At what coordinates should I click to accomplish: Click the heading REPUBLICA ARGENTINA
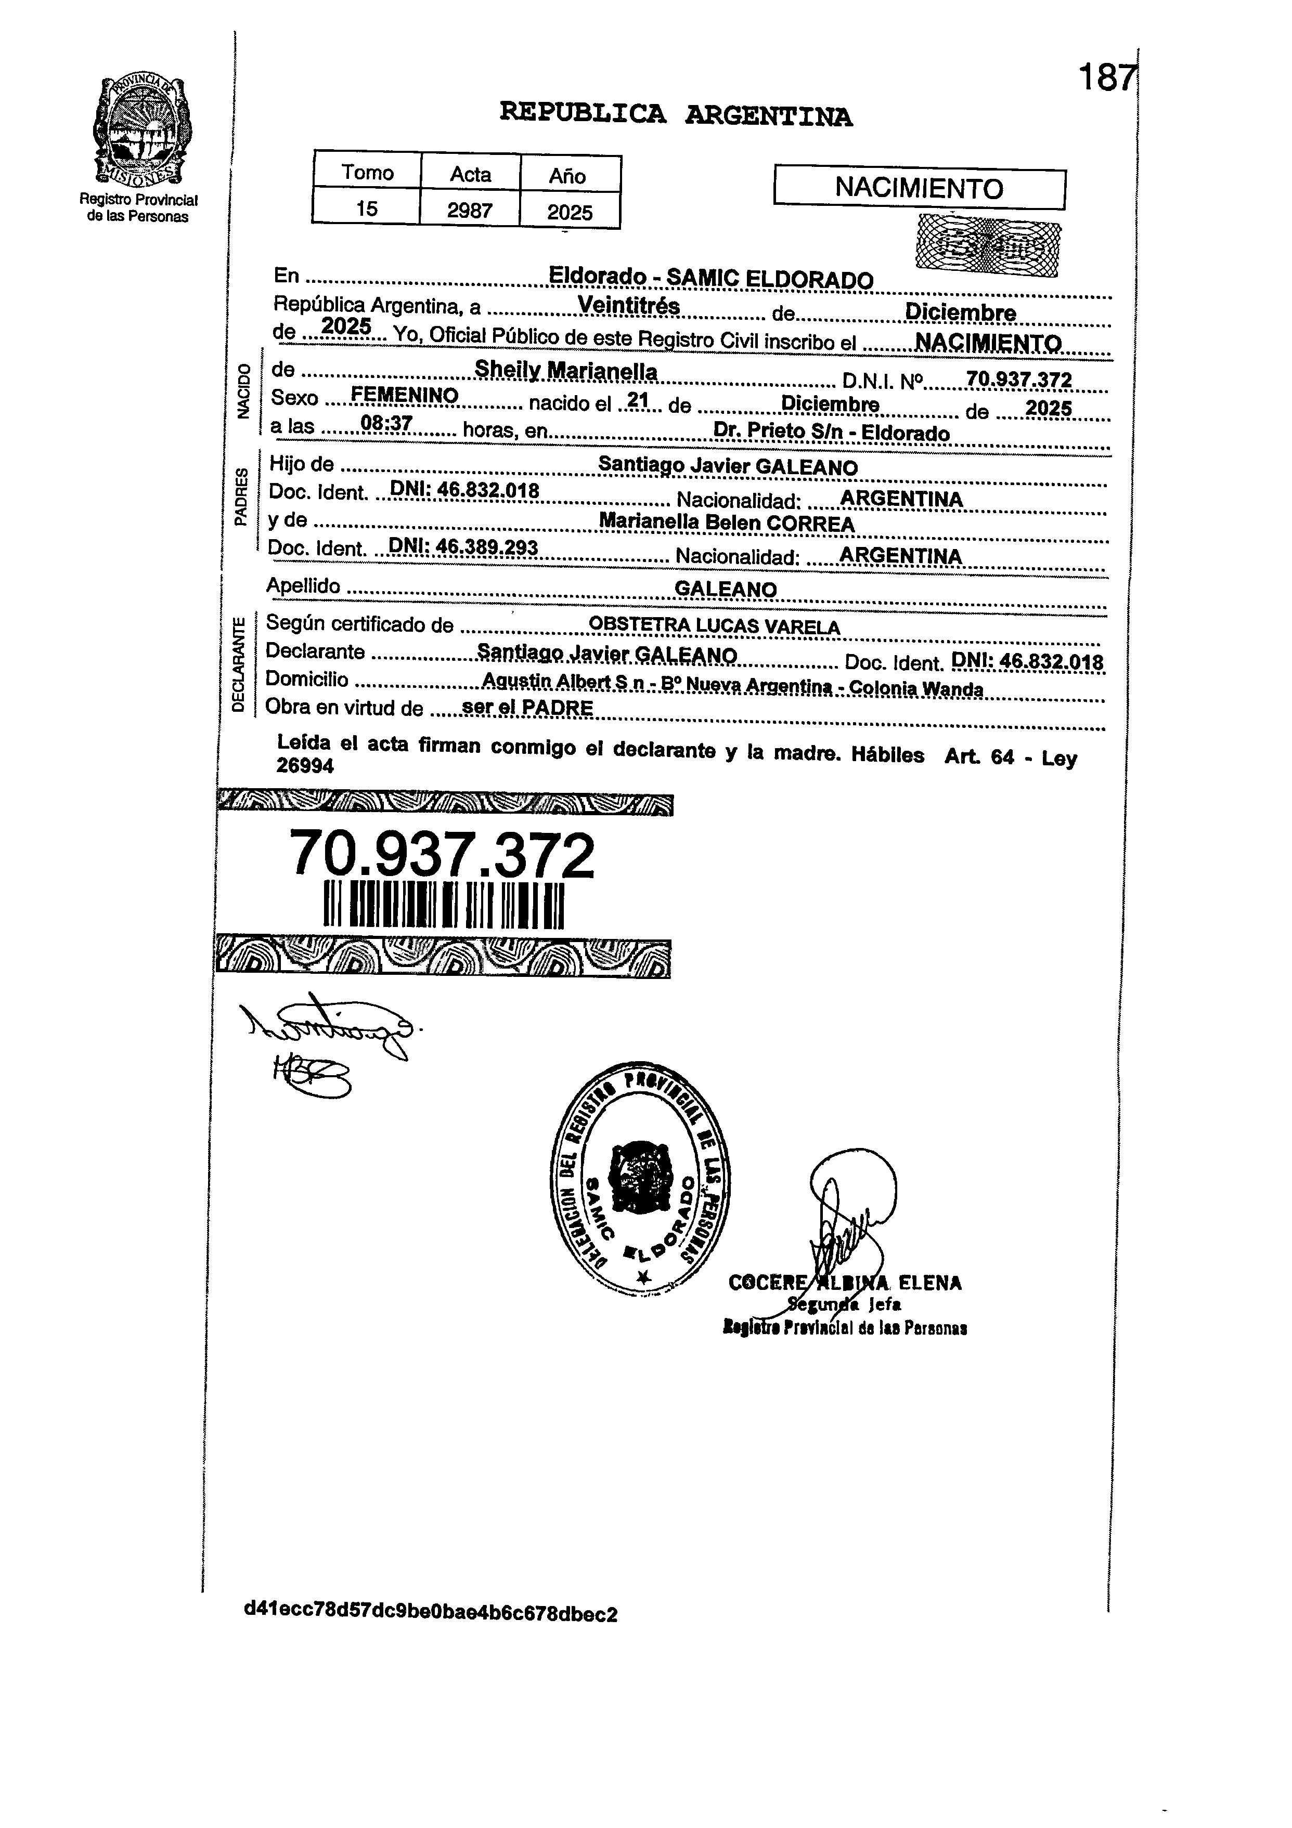click(676, 115)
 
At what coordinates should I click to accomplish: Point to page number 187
click(1106, 78)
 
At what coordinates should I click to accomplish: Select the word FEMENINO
click(405, 396)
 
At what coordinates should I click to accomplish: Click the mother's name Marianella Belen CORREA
click(727, 523)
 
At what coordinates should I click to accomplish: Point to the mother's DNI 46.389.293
click(463, 548)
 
